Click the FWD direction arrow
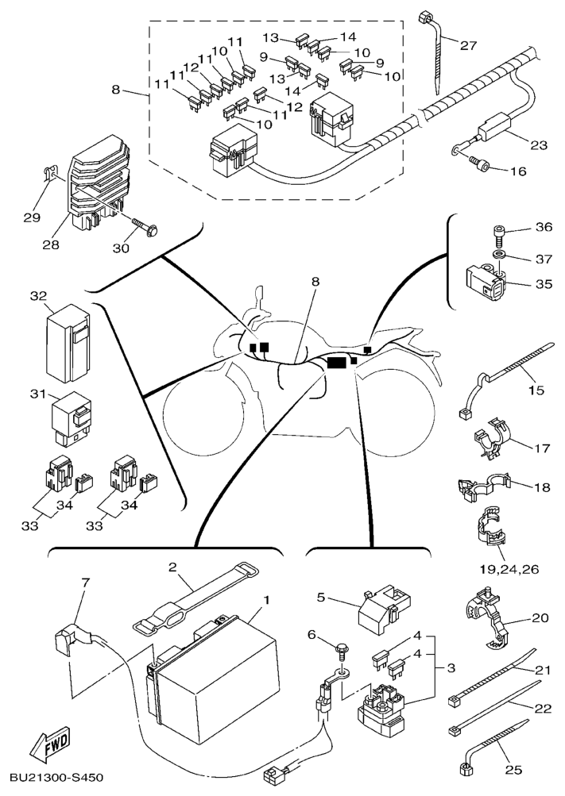pos(48,747)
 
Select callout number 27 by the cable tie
pos(468,45)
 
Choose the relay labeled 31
pos(72,417)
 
